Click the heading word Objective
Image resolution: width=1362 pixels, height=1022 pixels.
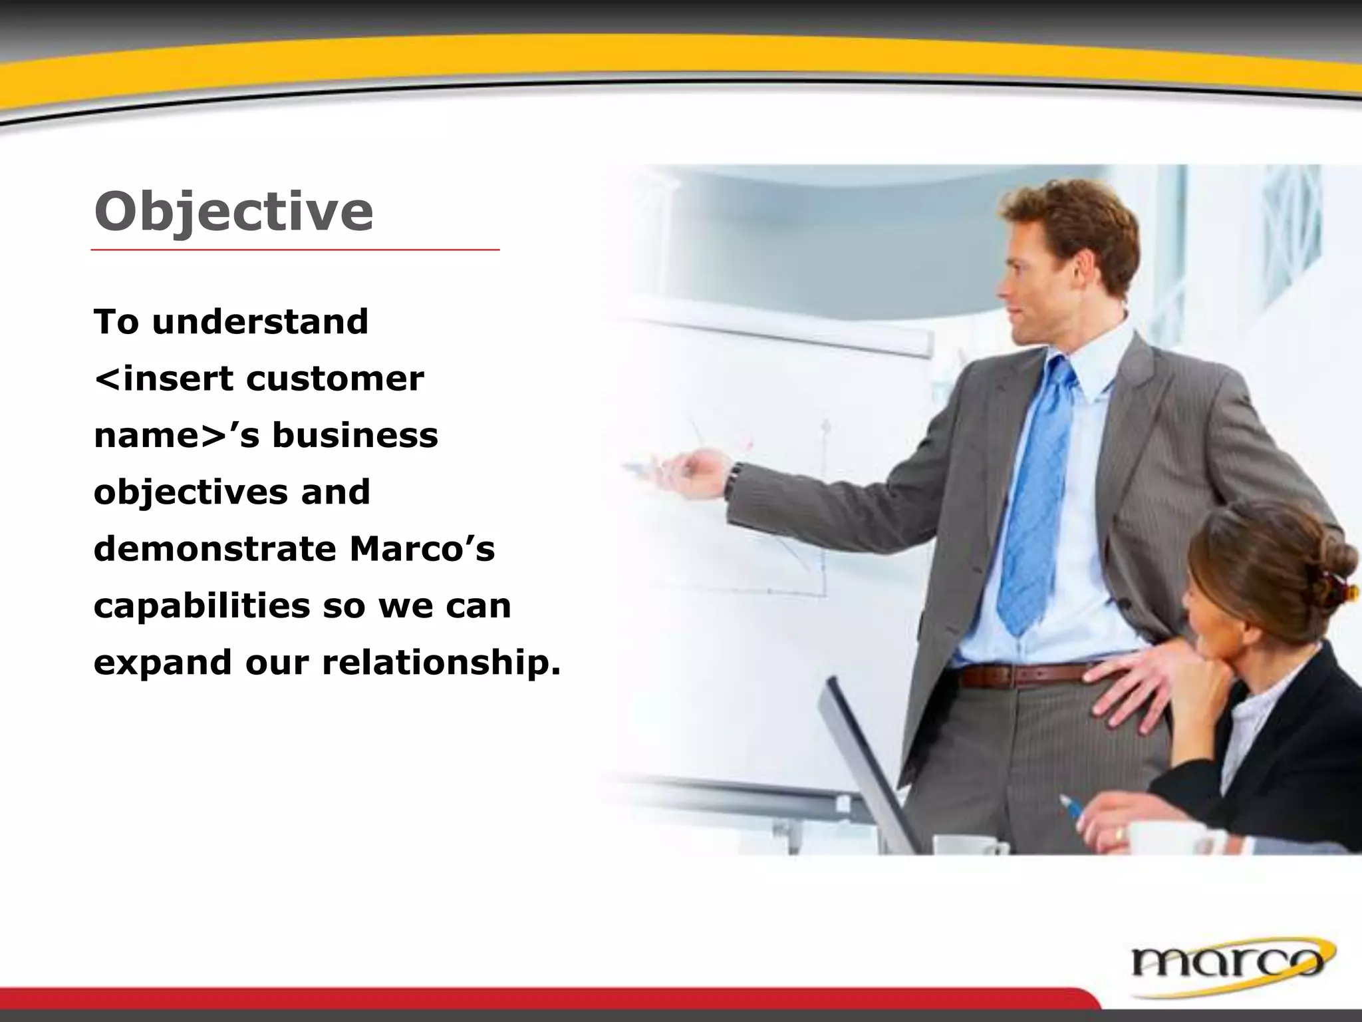[x=233, y=212]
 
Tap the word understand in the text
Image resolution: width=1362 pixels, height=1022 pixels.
[x=260, y=322]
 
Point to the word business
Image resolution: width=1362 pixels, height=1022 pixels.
[x=355, y=436]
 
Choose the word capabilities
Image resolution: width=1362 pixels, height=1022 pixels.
[x=202, y=606]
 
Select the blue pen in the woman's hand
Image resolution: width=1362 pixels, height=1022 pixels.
[x=1071, y=808]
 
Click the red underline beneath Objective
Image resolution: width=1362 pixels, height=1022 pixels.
[x=295, y=250]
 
